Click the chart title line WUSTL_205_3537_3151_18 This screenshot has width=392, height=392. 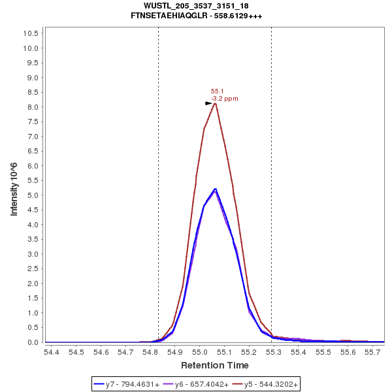196,6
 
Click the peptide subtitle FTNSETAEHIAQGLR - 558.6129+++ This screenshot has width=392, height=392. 196,15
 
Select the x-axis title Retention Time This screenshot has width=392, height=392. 214,365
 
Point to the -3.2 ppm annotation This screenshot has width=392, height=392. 224,99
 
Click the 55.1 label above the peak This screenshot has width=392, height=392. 217,91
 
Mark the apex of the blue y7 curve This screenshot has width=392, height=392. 215,189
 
